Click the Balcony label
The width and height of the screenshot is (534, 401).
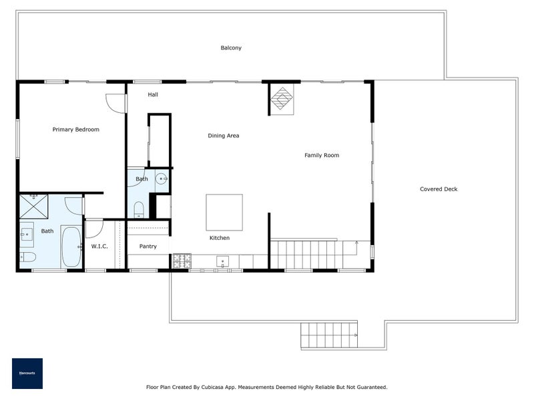point(231,47)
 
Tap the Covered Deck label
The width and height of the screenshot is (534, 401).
point(439,189)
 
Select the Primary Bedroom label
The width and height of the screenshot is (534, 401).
point(75,130)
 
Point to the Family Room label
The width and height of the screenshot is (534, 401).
point(322,155)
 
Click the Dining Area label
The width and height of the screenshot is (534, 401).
point(224,136)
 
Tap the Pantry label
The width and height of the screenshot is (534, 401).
point(148,246)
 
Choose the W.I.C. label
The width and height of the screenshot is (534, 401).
point(99,246)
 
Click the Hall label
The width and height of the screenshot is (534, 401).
point(153,94)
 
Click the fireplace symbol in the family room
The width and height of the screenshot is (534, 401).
point(282,99)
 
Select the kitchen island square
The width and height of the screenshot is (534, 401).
point(224,213)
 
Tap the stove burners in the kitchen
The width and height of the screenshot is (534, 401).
point(182,261)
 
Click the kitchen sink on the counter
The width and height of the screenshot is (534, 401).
point(223,261)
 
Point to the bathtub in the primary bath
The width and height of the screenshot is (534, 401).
point(71,246)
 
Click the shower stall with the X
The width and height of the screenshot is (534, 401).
point(34,207)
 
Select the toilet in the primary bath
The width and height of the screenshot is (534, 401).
point(27,257)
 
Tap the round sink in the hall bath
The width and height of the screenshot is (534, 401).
point(161,178)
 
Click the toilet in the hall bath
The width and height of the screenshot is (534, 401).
point(139,209)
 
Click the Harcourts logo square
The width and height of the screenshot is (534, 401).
point(27,374)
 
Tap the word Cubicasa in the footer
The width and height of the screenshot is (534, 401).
point(213,388)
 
